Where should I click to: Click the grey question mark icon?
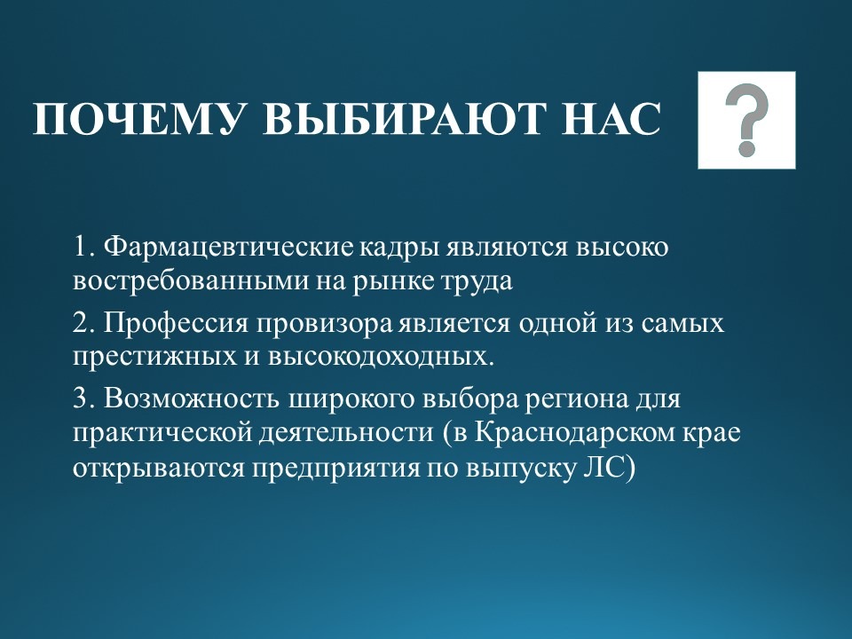747,120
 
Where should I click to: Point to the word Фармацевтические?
228,248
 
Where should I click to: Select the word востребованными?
192,281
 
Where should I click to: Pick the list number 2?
83,323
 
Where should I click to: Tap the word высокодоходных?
380,358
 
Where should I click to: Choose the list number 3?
83,399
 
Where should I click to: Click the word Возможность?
192,398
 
